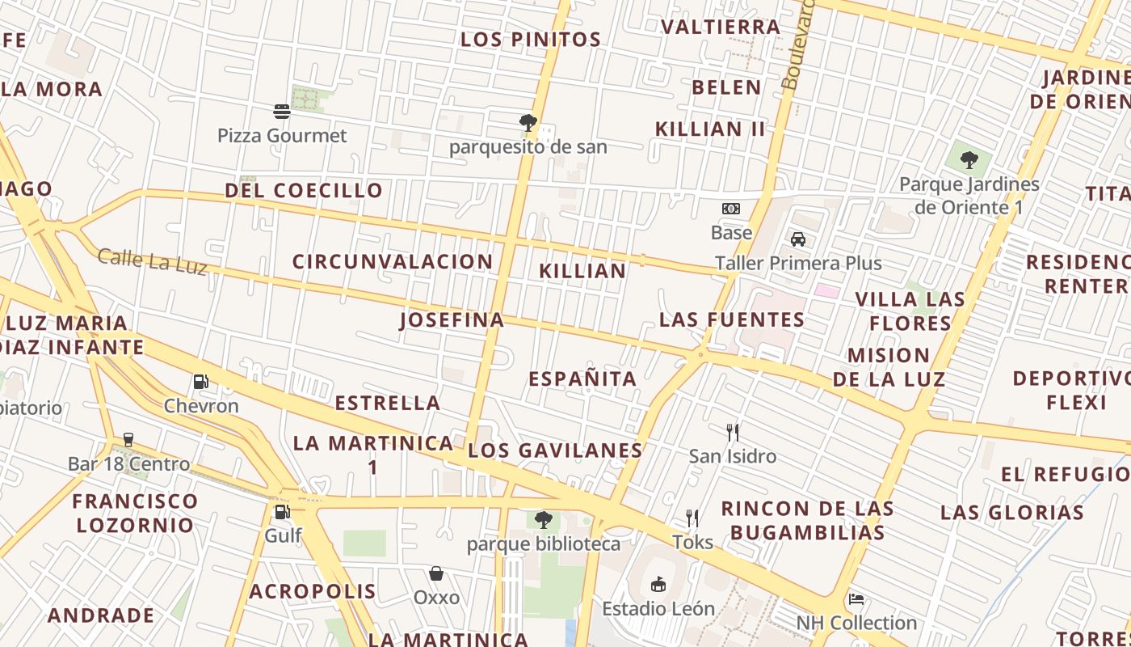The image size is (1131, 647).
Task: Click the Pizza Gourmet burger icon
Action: click(x=282, y=111)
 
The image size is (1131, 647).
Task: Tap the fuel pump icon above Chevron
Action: click(x=201, y=381)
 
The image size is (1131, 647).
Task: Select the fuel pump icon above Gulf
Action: click(x=282, y=511)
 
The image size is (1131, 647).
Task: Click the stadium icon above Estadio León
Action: click(x=658, y=583)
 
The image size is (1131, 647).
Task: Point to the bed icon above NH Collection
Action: click(x=856, y=598)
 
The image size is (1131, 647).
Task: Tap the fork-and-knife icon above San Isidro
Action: click(x=733, y=432)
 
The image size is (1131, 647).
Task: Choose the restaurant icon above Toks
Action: click(x=692, y=518)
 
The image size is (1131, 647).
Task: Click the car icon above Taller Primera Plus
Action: click(x=798, y=239)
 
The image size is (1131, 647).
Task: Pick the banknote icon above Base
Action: click(x=731, y=209)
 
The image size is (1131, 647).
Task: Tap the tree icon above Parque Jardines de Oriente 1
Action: click(x=969, y=159)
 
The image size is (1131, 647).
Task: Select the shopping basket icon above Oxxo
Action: click(x=436, y=573)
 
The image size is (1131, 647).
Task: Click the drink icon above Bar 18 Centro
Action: click(x=128, y=439)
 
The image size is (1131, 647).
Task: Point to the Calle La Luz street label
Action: click(x=153, y=261)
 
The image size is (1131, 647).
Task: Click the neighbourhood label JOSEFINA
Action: click(x=452, y=320)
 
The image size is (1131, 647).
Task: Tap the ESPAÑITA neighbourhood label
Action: click(x=582, y=378)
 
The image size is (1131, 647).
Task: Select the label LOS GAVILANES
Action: click(x=555, y=450)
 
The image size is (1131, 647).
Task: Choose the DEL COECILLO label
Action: click(x=304, y=191)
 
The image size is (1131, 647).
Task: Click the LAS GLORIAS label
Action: click(x=1012, y=512)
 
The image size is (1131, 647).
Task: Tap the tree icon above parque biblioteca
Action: click(x=544, y=519)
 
